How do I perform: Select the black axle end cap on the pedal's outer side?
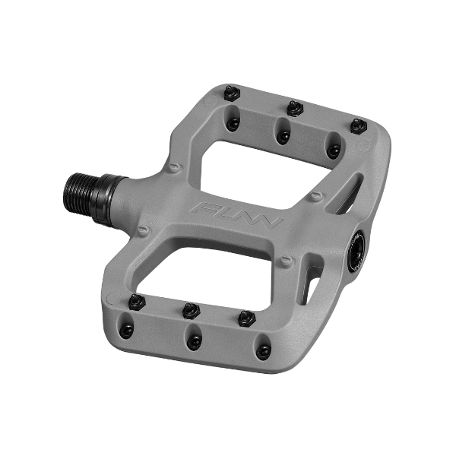[x=355, y=251]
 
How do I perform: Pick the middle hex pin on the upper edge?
[x=295, y=109]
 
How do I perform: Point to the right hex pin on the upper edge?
[x=358, y=126]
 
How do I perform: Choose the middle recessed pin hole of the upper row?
[x=283, y=136]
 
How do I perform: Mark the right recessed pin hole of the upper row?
[x=333, y=150]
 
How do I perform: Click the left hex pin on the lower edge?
[x=138, y=302]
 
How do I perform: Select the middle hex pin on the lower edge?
[x=191, y=310]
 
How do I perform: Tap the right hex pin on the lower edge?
[x=245, y=318]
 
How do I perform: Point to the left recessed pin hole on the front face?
[x=127, y=329]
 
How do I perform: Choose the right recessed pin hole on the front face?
[x=263, y=351]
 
